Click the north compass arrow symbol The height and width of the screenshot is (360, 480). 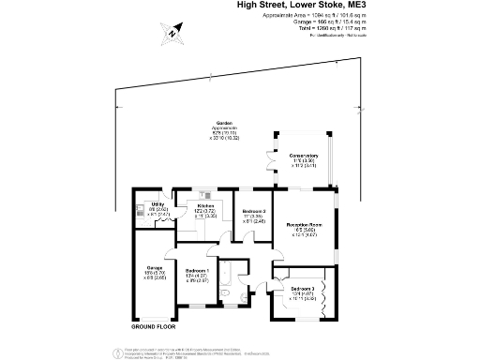point(174,34)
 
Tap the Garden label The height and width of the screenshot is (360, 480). point(225,125)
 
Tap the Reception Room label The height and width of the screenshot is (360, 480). point(304,226)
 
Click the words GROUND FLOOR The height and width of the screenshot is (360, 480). point(154,329)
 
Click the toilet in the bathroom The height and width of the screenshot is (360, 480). point(229,303)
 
